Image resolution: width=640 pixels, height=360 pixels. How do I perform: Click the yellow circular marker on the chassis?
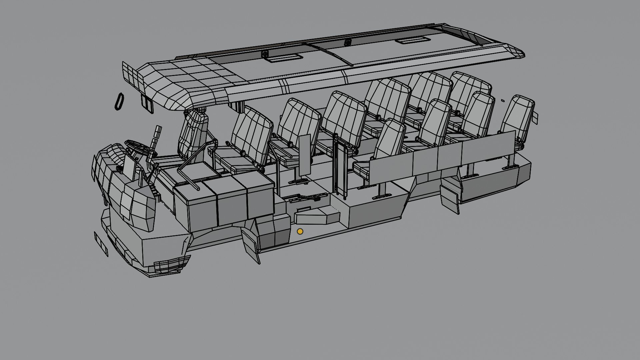(300, 231)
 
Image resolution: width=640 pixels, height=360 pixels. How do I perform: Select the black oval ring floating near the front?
(119, 101)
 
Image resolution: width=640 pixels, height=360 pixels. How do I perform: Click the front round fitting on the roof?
(265, 54)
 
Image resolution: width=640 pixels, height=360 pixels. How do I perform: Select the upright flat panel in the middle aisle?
(305, 155)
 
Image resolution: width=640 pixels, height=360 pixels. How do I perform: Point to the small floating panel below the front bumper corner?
(101, 244)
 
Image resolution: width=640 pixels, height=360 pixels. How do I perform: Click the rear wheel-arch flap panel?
(449, 199)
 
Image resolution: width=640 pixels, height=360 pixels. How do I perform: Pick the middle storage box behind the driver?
(232, 200)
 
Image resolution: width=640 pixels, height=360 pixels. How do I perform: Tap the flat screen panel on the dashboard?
(129, 167)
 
